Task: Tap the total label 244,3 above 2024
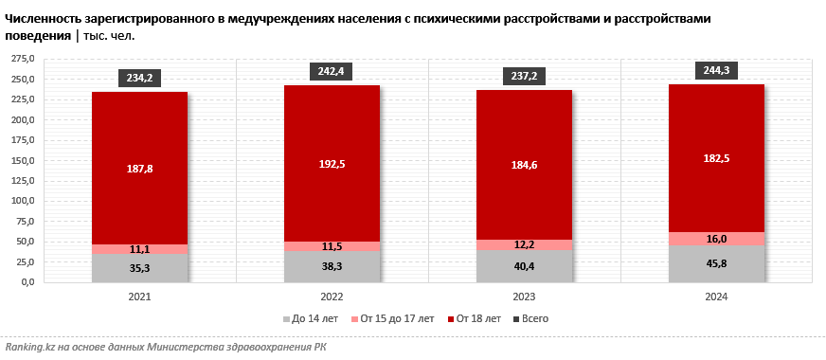[716, 70]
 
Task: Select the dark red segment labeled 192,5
[332, 163]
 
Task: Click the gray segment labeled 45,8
[716, 263]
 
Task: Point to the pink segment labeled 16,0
[716, 239]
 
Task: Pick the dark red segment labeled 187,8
[139, 168]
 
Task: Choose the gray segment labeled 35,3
[139, 267]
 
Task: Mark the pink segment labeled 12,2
[524, 244]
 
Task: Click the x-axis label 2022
[332, 297]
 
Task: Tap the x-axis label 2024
[716, 297]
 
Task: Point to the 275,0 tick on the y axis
[22, 59]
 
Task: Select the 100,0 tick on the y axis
[22, 201]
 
